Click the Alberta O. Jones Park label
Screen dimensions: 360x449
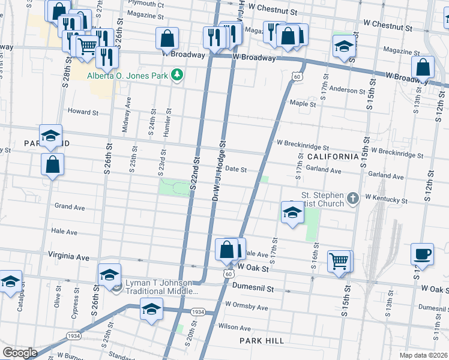click(x=127, y=76)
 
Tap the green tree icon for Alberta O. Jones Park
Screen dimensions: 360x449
click(x=177, y=76)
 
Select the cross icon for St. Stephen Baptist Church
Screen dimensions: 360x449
click(x=354, y=197)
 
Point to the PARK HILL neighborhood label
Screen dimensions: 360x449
click(x=261, y=341)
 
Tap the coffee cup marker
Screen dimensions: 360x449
click(x=422, y=254)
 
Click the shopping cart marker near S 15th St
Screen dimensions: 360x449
click(x=339, y=262)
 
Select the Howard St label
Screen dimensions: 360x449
click(x=83, y=112)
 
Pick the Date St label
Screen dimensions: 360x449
click(x=237, y=170)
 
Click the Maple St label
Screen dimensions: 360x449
click(x=303, y=104)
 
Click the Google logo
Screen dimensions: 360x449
click(x=20, y=353)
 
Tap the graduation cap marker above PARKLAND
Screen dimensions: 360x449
click(x=51, y=136)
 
